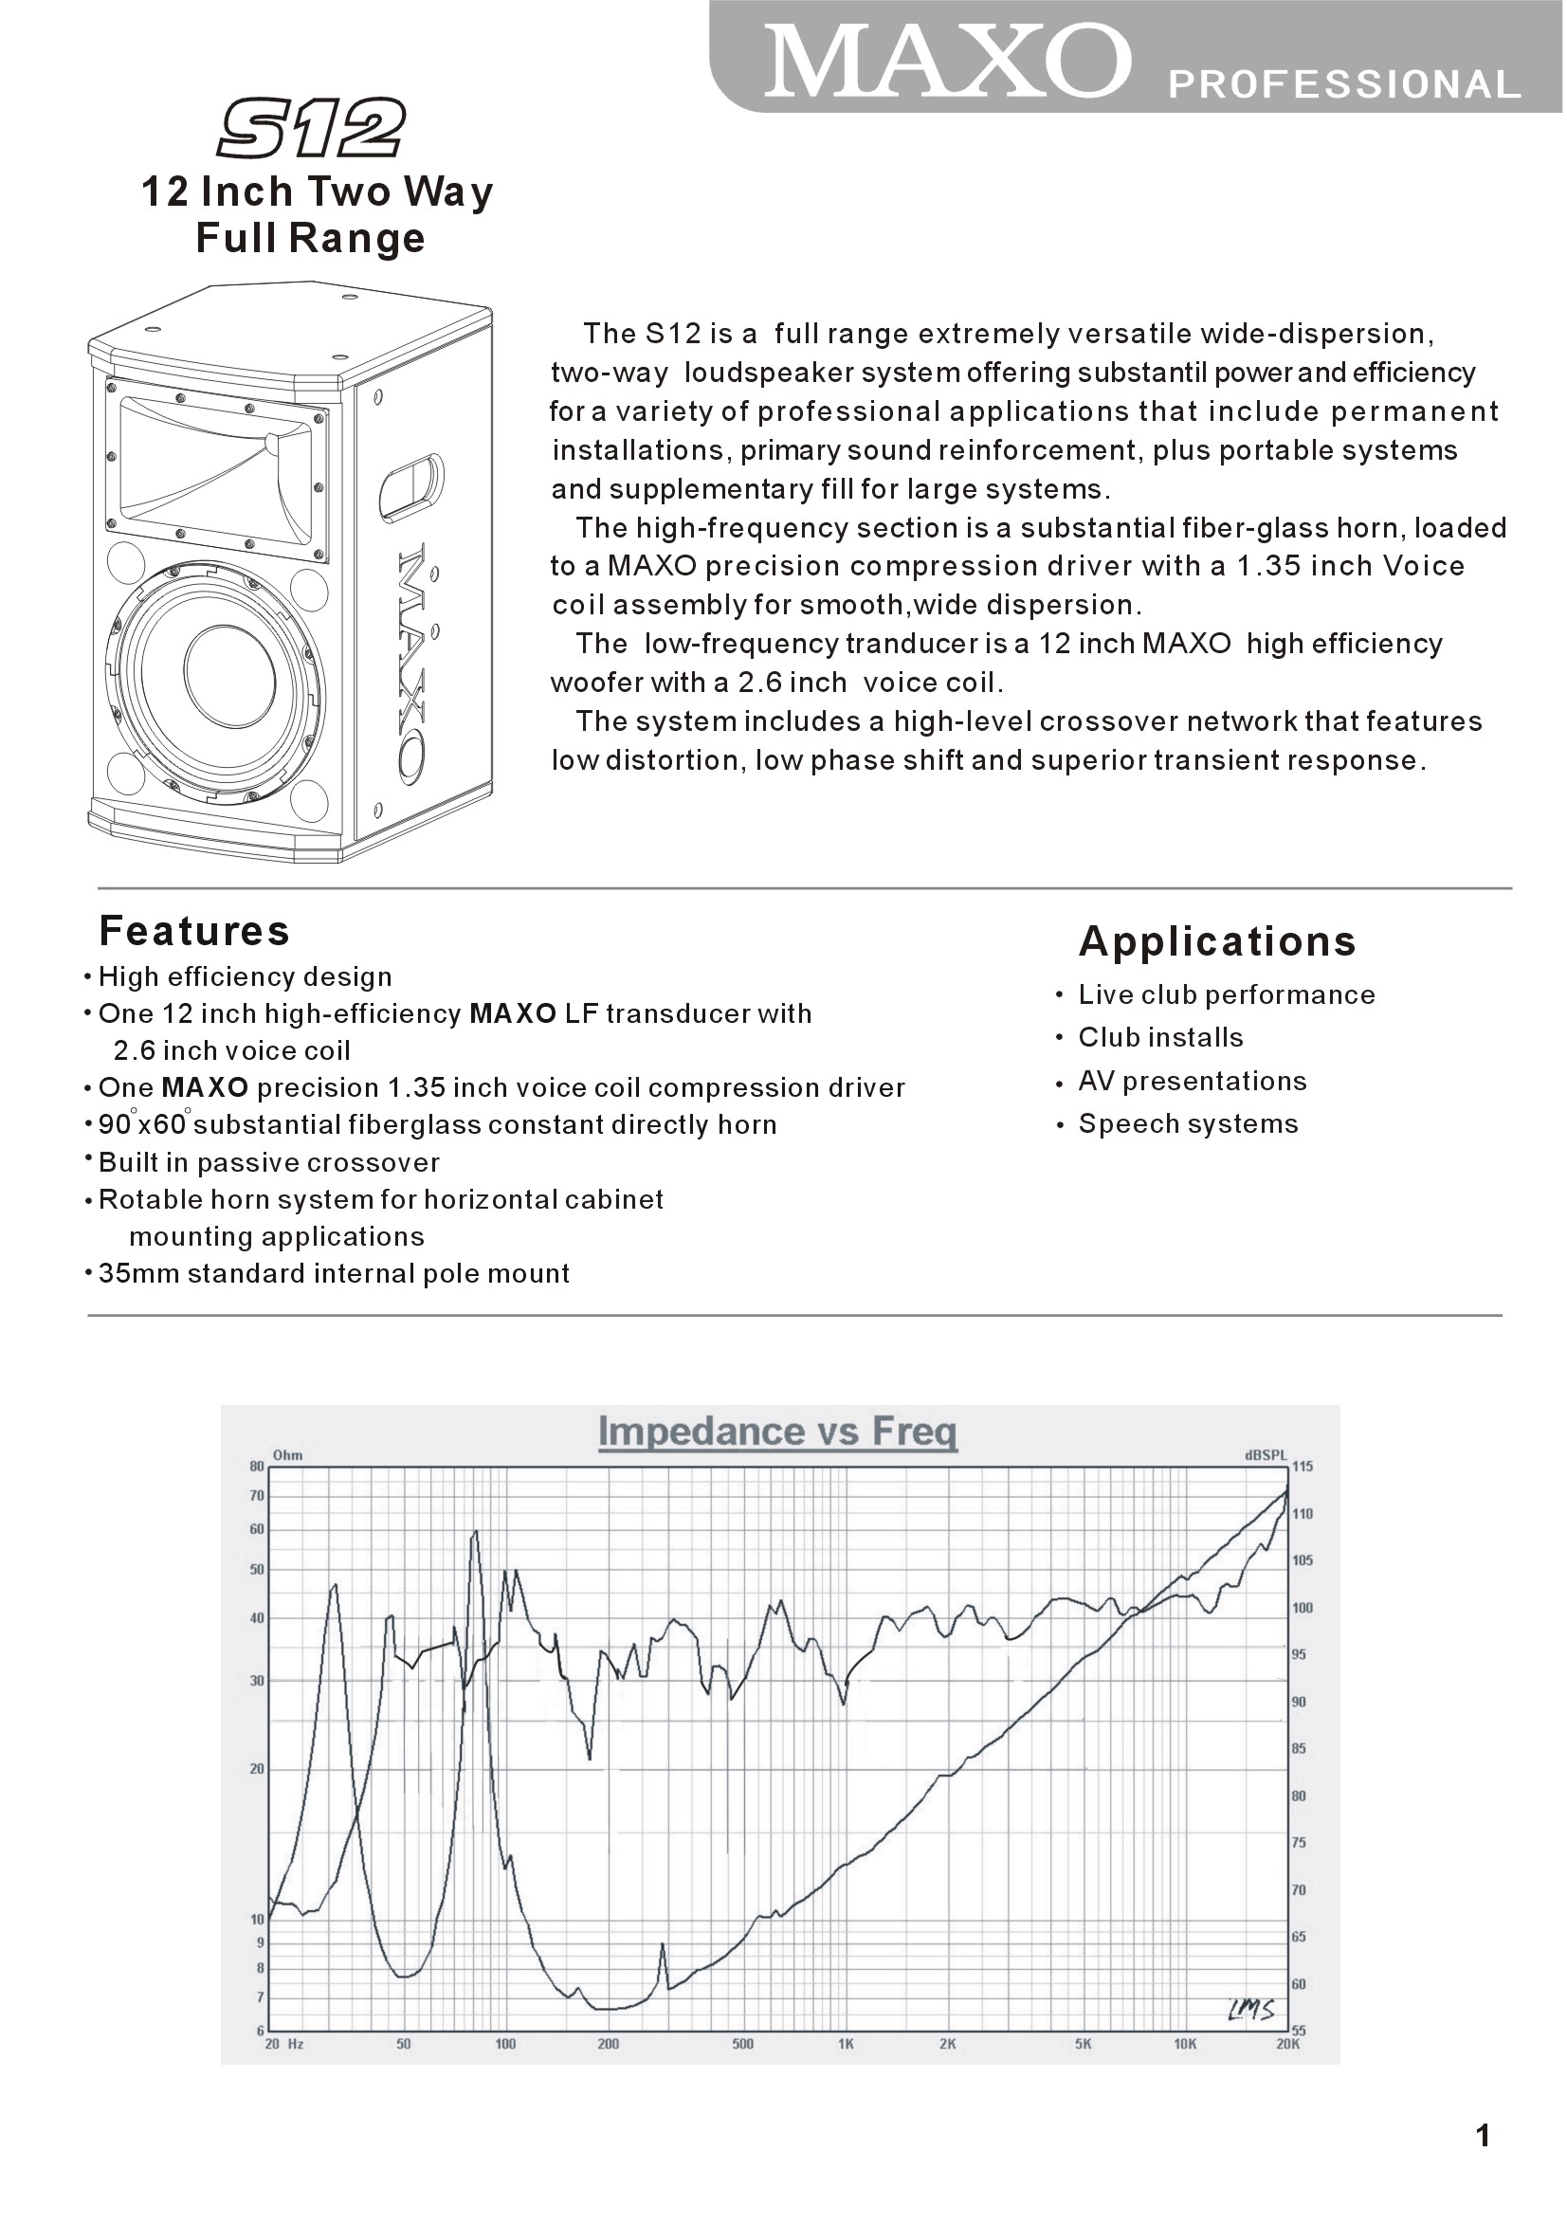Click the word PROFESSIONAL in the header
[1345, 85]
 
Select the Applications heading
[1217, 940]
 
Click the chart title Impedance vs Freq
[777, 1431]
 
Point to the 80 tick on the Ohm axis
[257, 1467]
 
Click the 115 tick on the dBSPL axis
[1303, 1467]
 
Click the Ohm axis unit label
[287, 1454]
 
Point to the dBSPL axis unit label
[1266, 1454]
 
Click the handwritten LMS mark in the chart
[1251, 2004]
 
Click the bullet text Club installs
[1160, 1037]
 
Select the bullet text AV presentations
[1193, 1081]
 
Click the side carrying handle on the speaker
[410, 485]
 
